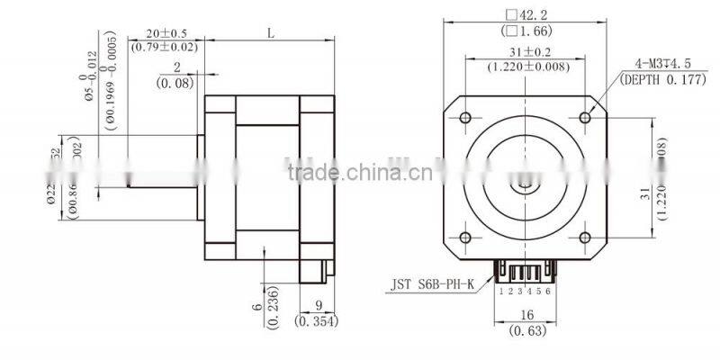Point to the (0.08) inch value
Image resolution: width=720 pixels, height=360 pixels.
coord(176,83)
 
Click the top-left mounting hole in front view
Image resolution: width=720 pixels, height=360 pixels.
coord(464,117)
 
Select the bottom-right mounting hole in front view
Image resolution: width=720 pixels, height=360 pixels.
coord(584,237)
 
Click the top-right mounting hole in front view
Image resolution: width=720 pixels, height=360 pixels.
coord(584,117)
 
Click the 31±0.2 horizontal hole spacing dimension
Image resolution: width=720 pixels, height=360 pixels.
coord(524,52)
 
